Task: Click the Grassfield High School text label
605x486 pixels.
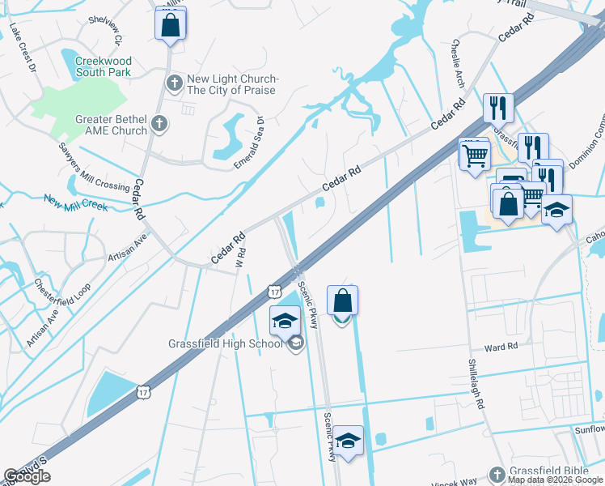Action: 225,343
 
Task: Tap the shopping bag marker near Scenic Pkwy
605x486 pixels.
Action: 343,301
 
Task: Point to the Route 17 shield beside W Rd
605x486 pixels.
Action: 276,291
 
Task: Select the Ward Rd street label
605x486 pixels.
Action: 501,347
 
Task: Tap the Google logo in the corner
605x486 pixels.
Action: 27,476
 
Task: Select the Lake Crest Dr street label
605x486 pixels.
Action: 23,49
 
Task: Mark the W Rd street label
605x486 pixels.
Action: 239,261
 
